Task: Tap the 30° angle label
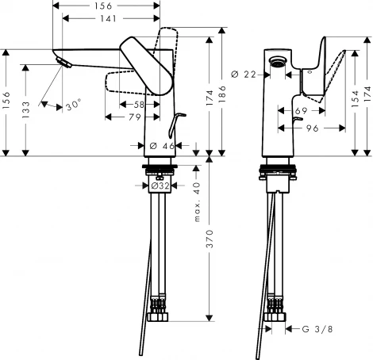pyautogui.click(x=73, y=106)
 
